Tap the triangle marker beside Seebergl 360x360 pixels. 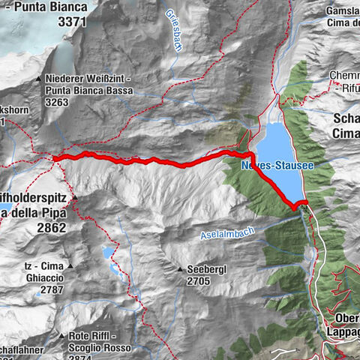pos(181,269)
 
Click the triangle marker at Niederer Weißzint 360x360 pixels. pos(38,79)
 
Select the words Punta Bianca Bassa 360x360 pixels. pos(88,91)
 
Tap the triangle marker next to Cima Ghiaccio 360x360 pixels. pos(70,266)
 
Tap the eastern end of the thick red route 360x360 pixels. pos(306,202)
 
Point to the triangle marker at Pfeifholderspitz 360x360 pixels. pos(73,196)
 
